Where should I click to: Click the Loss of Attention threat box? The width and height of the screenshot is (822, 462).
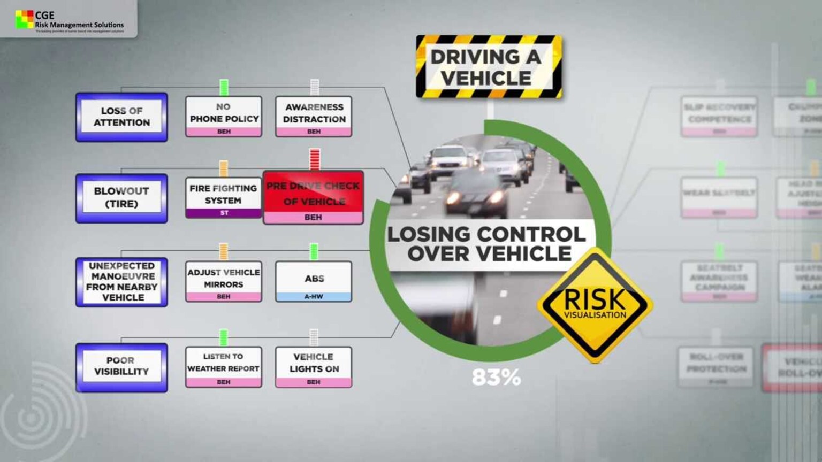(x=121, y=117)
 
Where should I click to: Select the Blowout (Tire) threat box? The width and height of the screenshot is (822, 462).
(x=121, y=198)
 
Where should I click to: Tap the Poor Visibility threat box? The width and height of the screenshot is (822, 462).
(x=121, y=367)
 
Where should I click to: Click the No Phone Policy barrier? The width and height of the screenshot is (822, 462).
(x=224, y=116)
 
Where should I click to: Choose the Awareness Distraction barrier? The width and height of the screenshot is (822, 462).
(x=314, y=116)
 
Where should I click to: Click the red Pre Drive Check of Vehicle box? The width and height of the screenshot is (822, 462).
(x=314, y=197)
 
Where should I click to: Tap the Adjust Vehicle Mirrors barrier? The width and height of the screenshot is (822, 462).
(x=224, y=281)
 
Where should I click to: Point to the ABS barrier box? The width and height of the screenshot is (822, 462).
(x=314, y=281)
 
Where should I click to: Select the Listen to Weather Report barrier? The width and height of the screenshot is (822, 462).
(x=224, y=366)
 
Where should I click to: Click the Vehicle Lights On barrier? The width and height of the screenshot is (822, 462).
(x=314, y=366)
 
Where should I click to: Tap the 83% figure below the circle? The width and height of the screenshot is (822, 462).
(x=496, y=378)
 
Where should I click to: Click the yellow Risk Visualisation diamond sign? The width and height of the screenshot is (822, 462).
(x=595, y=305)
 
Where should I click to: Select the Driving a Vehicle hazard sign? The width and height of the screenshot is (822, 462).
(x=489, y=67)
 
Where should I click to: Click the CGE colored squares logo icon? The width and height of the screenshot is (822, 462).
(x=24, y=19)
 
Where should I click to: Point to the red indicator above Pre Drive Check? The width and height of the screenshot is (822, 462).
(x=315, y=159)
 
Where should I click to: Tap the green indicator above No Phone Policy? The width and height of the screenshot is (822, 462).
(x=224, y=87)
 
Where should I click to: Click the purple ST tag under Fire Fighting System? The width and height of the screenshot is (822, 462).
(x=224, y=213)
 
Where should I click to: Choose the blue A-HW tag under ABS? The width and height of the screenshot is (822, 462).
(x=314, y=296)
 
